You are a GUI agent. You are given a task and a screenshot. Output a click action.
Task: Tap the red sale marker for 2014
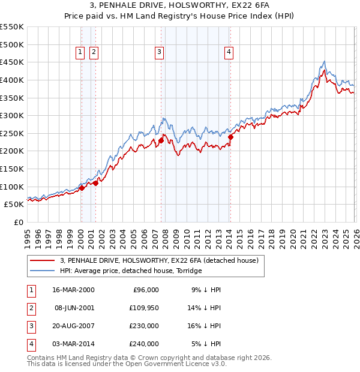point(230,137)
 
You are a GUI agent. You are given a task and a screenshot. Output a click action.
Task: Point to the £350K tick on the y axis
point(13,98)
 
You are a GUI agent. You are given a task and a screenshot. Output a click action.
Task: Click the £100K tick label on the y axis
point(13,187)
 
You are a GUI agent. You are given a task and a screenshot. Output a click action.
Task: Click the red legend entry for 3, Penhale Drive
point(159,260)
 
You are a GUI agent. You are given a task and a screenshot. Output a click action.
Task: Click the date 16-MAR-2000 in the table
point(74,290)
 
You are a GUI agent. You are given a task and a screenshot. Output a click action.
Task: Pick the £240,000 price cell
point(144,344)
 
